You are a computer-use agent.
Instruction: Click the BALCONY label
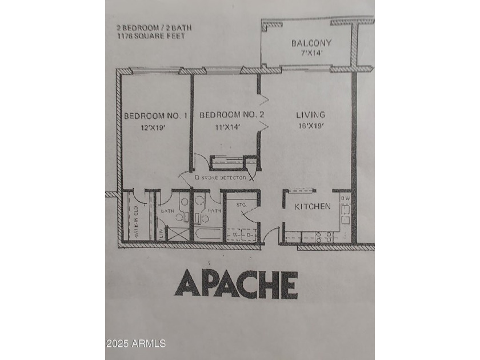point(311,43)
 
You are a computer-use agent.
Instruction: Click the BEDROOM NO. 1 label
point(155,116)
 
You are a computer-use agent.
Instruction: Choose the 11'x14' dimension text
point(227,127)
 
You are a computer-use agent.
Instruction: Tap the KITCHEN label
point(312,206)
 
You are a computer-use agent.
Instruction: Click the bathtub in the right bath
point(208,235)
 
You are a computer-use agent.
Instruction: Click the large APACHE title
point(235,284)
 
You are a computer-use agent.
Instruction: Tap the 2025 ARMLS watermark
point(136,343)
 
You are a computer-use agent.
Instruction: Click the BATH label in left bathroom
point(167,211)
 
